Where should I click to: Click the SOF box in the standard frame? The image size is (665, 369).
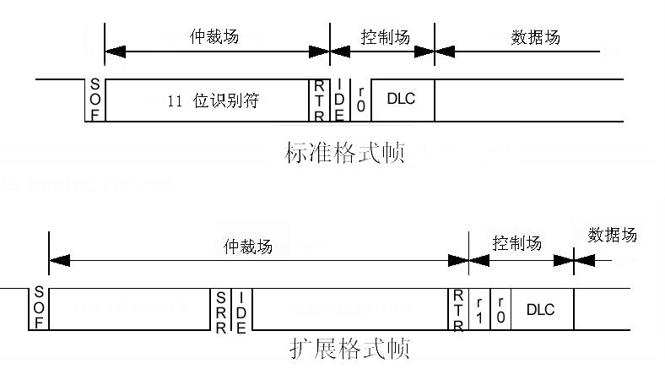pyautogui.click(x=95, y=100)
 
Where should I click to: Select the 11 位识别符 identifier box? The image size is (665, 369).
pyautogui.click(x=208, y=100)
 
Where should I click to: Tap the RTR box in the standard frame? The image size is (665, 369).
pyautogui.click(x=319, y=100)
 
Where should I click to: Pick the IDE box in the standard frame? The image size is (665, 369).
pyautogui.click(x=339, y=100)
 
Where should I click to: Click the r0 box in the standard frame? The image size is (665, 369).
pyautogui.click(x=360, y=100)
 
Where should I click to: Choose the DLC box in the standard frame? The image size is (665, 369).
pyautogui.click(x=401, y=100)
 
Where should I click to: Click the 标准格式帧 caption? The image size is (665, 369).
pyautogui.click(x=344, y=154)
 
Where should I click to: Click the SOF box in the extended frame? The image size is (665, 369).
pyautogui.click(x=39, y=308)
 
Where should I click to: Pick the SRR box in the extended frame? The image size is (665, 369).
pyautogui.click(x=220, y=308)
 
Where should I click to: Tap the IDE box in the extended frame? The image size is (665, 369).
pyautogui.click(x=241, y=308)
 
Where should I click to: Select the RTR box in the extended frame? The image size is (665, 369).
pyautogui.click(x=458, y=308)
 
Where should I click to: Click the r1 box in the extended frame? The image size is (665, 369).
pyautogui.click(x=479, y=308)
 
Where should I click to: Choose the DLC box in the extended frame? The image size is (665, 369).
pyautogui.click(x=540, y=308)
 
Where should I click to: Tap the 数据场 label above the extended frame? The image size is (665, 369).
pyautogui.click(x=613, y=235)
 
